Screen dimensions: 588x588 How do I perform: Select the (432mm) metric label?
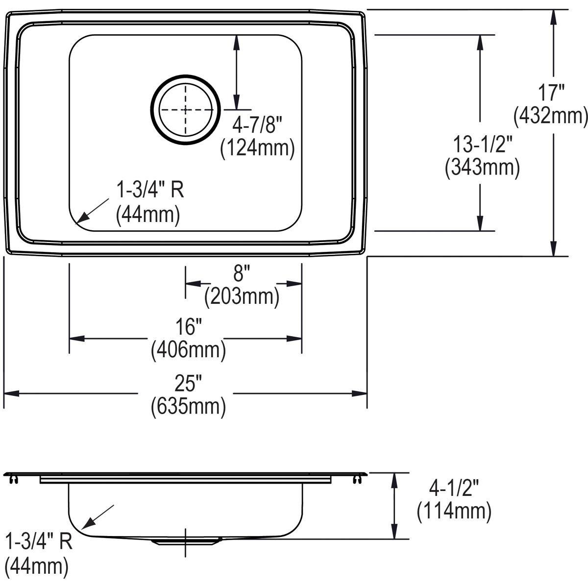pyautogui.click(x=550, y=117)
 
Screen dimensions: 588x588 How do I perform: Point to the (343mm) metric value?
pyautogui.click(x=482, y=168)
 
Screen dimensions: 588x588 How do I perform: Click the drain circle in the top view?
pyautogui.click(x=185, y=109)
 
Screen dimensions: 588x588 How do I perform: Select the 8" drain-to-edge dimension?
pyautogui.click(x=242, y=272)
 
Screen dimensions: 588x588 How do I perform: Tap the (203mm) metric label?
pyautogui.click(x=242, y=296)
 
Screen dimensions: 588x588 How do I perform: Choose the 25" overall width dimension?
pyautogui.click(x=189, y=382)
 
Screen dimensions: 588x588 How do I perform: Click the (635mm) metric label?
pyautogui.click(x=189, y=406)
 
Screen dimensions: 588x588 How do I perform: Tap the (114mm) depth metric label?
pyautogui.click(x=454, y=512)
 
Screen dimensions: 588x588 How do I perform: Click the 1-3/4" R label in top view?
pyautogui.click(x=149, y=190)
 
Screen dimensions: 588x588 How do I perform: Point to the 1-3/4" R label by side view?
pyautogui.click(x=39, y=542)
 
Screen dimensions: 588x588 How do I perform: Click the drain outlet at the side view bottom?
pyautogui.click(x=185, y=541)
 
